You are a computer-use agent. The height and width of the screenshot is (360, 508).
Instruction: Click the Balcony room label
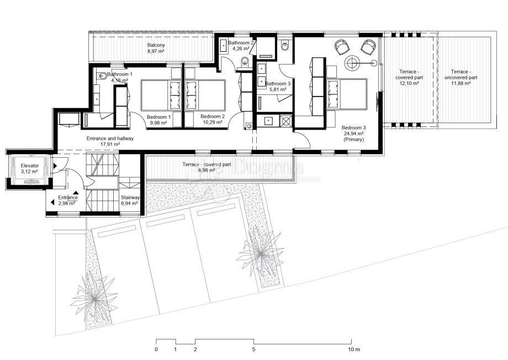point(156,45)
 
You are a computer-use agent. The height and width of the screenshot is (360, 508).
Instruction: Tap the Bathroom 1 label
point(120,74)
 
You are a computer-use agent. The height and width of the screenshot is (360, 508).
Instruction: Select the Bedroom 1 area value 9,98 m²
point(158,123)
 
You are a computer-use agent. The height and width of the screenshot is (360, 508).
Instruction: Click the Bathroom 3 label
point(278,84)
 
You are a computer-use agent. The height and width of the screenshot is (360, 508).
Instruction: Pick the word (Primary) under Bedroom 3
point(353,140)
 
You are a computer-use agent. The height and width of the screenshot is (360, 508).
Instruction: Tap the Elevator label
point(30,166)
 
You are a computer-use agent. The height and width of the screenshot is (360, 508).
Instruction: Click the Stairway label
point(131,197)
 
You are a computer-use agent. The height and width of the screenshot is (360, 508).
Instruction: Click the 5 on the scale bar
point(254,349)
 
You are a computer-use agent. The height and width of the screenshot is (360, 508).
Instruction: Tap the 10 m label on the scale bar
point(353,349)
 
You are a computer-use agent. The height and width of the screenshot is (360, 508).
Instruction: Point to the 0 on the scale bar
point(156,349)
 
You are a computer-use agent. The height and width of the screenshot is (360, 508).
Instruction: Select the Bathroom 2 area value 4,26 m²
point(241,49)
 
